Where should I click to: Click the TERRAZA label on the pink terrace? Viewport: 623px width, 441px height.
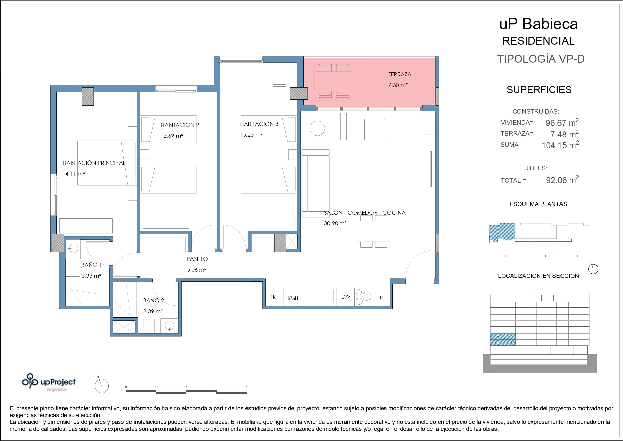[x=400, y=74]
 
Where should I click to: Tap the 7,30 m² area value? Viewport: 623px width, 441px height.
[x=398, y=85]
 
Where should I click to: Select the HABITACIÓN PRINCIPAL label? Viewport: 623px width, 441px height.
[x=94, y=163]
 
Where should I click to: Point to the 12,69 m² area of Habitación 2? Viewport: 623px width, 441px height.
[x=172, y=136]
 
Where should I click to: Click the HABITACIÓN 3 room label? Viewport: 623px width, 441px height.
[x=259, y=124]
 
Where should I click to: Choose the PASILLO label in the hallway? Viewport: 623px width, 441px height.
[x=197, y=259]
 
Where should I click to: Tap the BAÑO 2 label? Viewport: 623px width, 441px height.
[x=154, y=300]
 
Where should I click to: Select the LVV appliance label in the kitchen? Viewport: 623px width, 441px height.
[x=346, y=297]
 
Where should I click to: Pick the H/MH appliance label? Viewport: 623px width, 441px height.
[x=292, y=298]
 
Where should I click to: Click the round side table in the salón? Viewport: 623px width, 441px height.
[x=317, y=128]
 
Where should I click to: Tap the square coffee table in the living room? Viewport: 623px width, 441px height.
[x=368, y=170]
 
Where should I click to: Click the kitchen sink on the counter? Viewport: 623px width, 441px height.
[x=328, y=296]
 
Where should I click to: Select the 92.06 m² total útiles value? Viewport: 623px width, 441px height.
[x=563, y=180]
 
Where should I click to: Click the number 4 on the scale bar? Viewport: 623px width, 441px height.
[x=246, y=387]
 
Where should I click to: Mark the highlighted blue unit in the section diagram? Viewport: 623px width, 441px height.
[x=503, y=339]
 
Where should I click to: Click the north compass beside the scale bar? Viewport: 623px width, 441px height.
[x=102, y=386]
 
